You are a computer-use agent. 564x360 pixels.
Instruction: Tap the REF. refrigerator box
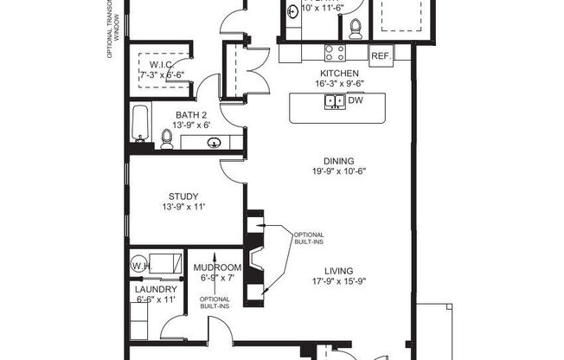point(381,55)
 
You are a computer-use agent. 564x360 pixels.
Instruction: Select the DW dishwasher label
point(355,101)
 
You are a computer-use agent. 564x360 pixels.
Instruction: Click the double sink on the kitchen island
point(333,101)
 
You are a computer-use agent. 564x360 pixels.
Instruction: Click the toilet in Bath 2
point(167,138)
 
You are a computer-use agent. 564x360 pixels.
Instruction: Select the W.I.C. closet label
point(163,64)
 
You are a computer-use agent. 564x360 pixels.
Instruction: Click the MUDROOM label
point(216,267)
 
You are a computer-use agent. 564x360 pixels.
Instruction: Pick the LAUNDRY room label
point(156,289)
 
